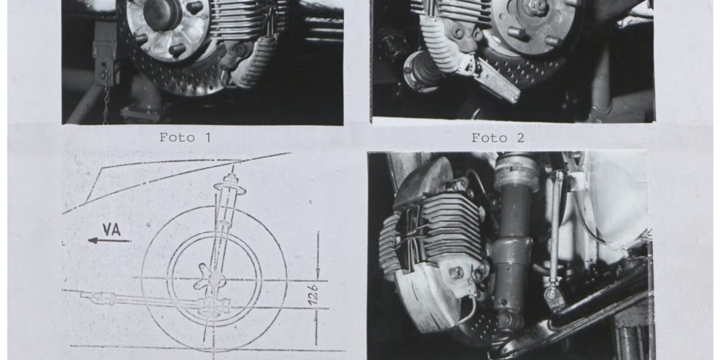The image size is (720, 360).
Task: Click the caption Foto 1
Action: coord(185,137)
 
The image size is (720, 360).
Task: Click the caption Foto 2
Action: coord(498,138)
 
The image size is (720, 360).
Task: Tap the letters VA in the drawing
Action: coord(111,229)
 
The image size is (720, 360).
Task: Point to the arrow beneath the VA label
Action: coord(110,240)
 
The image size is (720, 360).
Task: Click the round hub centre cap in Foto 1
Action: coord(162,14)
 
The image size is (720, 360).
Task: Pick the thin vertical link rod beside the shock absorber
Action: coord(556,230)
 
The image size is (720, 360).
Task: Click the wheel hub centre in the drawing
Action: coord(214,279)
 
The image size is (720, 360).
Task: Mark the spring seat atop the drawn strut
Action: coord(230,187)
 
